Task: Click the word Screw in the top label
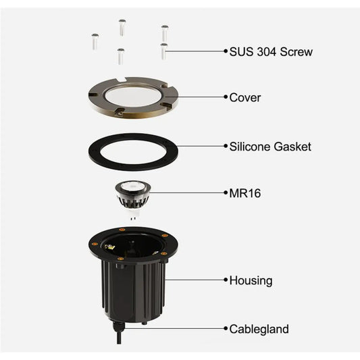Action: (x=297, y=51)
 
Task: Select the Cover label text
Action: (x=245, y=97)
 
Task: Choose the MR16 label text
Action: (x=245, y=193)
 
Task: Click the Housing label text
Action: (x=251, y=280)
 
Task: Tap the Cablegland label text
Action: (x=259, y=329)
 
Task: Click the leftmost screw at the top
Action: (x=95, y=41)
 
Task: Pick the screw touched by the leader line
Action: (x=163, y=51)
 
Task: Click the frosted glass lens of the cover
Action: (x=132, y=97)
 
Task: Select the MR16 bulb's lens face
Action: (x=132, y=186)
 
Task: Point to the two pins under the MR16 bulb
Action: (x=132, y=218)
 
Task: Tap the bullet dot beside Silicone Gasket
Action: (x=226, y=146)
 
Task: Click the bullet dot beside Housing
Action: (x=226, y=280)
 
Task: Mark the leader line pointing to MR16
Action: (x=187, y=192)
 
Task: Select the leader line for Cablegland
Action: (x=174, y=328)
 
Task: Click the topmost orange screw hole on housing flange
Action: (x=122, y=230)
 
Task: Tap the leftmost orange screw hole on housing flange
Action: (x=95, y=244)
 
